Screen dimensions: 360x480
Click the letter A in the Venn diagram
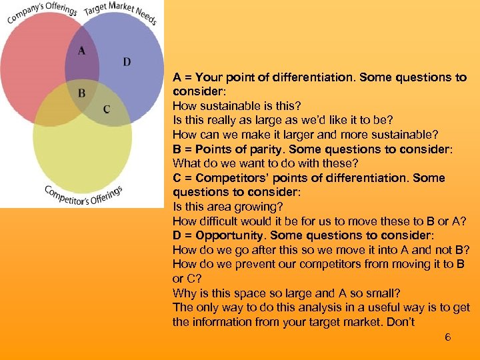click(82, 51)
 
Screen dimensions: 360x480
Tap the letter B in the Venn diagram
click(81, 93)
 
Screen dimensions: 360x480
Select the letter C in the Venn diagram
click(107, 109)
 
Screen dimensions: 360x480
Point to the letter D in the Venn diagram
click(127, 62)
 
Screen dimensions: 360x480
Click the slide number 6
click(448, 337)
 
